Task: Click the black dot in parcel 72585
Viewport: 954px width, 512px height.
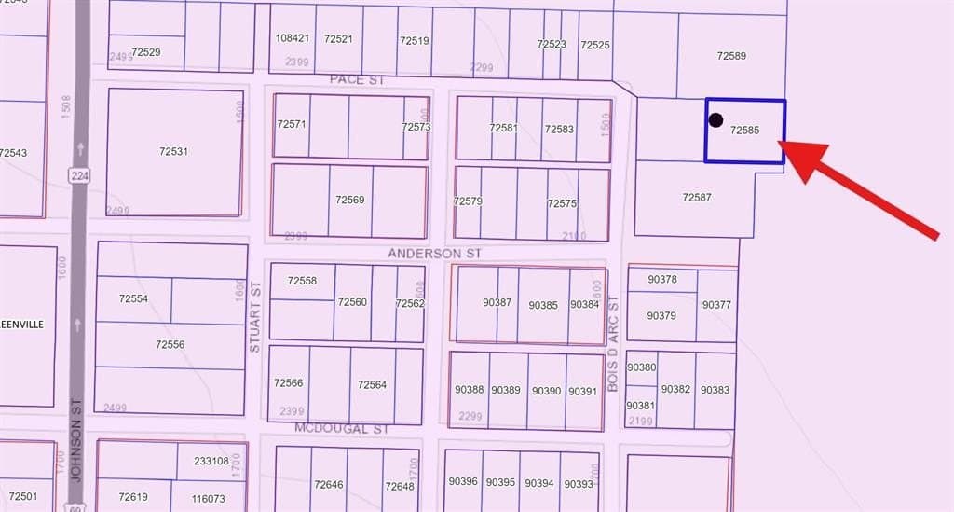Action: click(715, 119)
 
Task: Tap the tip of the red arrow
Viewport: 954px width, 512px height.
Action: click(779, 144)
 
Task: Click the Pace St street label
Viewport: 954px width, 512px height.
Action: click(357, 80)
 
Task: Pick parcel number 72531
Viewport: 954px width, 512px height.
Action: click(173, 151)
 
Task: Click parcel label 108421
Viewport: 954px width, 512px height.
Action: click(293, 39)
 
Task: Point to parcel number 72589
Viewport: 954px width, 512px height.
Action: click(731, 56)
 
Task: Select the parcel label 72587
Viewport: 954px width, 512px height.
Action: click(697, 197)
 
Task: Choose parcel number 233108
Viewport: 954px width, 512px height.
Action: click(211, 461)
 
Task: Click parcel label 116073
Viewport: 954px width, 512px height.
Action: click(207, 499)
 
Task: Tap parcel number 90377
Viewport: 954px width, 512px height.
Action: click(716, 305)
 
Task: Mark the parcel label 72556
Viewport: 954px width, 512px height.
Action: click(170, 345)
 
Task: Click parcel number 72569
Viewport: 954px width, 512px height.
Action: click(349, 200)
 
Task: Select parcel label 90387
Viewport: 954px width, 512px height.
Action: click(497, 303)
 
